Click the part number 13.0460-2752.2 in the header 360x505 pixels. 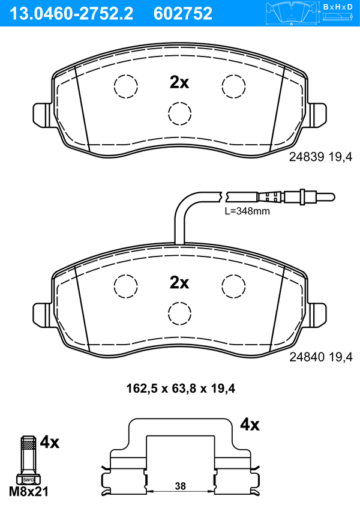[x=71, y=14]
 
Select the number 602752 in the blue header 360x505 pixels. [x=183, y=14]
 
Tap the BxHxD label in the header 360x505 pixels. [x=338, y=7]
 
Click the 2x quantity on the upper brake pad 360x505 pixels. [x=179, y=83]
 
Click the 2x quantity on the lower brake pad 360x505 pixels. [x=179, y=283]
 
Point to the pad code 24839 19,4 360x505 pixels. [x=320, y=157]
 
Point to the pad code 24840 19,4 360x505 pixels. [x=321, y=357]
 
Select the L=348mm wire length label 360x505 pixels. [x=247, y=211]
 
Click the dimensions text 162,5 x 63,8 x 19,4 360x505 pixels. [x=181, y=389]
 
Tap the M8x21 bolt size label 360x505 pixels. [x=29, y=492]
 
